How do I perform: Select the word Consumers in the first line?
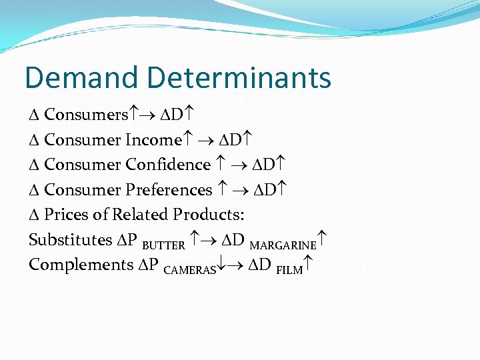pos(85,115)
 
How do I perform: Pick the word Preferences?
pos(168,190)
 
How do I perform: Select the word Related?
pos(140,215)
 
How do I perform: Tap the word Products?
pos(209,215)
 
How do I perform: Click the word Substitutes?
pos(71,239)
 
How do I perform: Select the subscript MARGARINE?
pos(283,245)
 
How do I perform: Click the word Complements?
pos(81,265)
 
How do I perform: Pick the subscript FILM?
pos(289,270)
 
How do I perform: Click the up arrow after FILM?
pos(308,265)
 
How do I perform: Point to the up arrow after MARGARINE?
pos(323,240)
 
